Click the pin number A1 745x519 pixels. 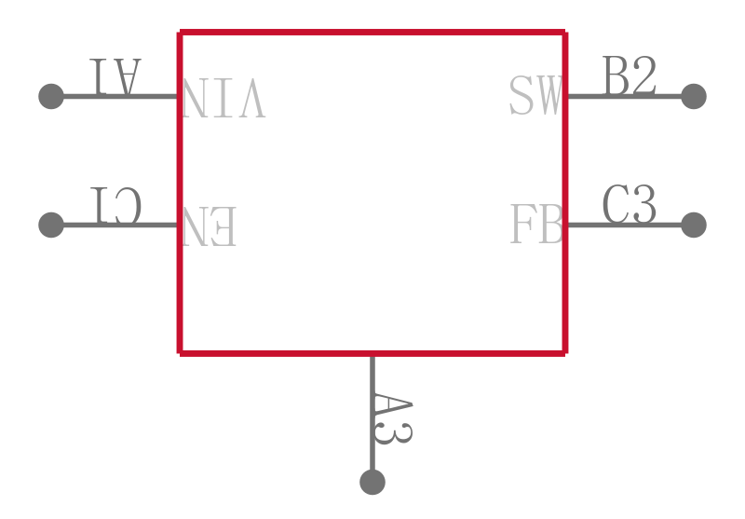tap(115, 76)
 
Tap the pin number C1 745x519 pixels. tap(115, 205)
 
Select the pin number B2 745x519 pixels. tap(630, 75)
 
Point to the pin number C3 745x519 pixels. tap(630, 204)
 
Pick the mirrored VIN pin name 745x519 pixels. tap(223, 98)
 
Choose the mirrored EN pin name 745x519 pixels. tap(209, 226)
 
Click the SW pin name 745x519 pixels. tap(536, 95)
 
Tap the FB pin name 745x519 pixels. tap(536, 224)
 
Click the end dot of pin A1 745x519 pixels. tap(51, 97)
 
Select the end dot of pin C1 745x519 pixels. tap(51, 225)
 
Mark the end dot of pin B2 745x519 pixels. tap(694, 97)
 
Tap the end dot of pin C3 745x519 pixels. tap(694, 225)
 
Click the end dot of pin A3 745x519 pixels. tap(372, 482)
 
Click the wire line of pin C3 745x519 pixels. tap(630, 225)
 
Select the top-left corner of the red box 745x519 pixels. tap(180, 33)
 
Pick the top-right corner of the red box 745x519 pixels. tap(565, 33)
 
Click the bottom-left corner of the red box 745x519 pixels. tap(180, 353)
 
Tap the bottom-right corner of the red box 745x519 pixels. tap(565, 353)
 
